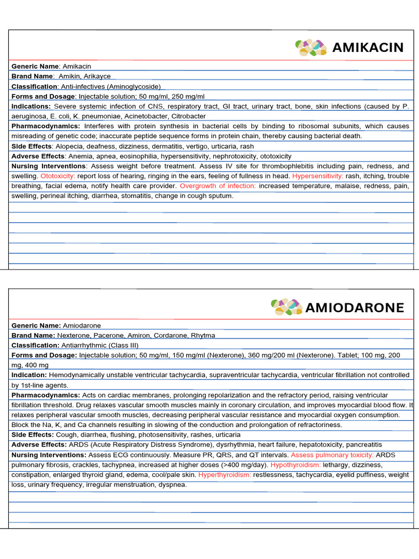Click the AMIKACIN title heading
click(368, 47)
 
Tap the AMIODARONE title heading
click(355, 307)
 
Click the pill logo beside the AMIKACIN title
click(311, 47)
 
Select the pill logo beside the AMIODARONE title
click(286, 307)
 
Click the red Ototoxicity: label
click(58, 176)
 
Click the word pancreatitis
click(362, 445)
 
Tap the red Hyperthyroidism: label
click(225, 474)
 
